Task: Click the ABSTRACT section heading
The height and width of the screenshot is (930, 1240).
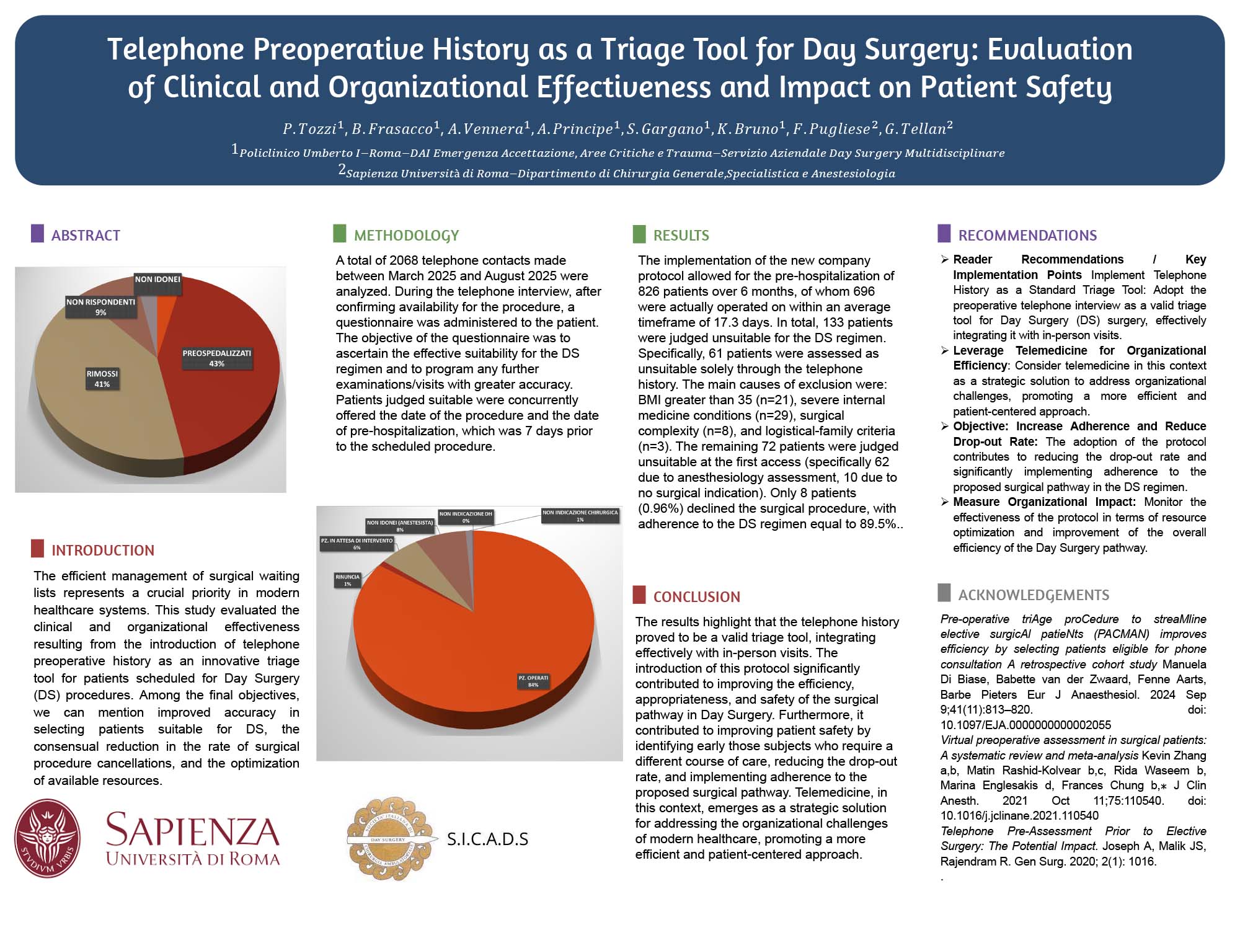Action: point(86,236)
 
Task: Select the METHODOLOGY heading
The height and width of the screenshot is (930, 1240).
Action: point(406,236)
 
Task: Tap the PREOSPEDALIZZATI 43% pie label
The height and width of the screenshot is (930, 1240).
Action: point(216,358)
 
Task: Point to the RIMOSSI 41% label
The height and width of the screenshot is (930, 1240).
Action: point(102,379)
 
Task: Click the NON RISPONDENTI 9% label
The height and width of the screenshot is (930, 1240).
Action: point(100,307)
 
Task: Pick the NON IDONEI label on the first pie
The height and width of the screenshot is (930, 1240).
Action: point(157,280)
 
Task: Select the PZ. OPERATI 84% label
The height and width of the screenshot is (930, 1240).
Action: point(533,681)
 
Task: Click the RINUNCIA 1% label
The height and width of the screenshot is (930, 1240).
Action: point(347,580)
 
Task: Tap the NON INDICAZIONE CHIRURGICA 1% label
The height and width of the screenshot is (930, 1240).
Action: point(580,516)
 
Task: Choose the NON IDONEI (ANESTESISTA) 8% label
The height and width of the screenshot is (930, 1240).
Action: point(400,526)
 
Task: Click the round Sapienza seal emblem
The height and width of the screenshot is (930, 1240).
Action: point(48,838)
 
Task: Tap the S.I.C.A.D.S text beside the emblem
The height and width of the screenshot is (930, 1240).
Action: point(487,839)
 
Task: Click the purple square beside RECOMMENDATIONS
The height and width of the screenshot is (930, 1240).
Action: point(944,234)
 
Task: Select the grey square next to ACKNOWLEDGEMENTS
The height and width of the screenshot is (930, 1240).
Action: point(944,593)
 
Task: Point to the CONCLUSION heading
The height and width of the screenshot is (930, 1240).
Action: point(696,597)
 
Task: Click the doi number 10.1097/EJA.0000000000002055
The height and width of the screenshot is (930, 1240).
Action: point(1025,725)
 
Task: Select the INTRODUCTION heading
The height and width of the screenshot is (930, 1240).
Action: point(102,551)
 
